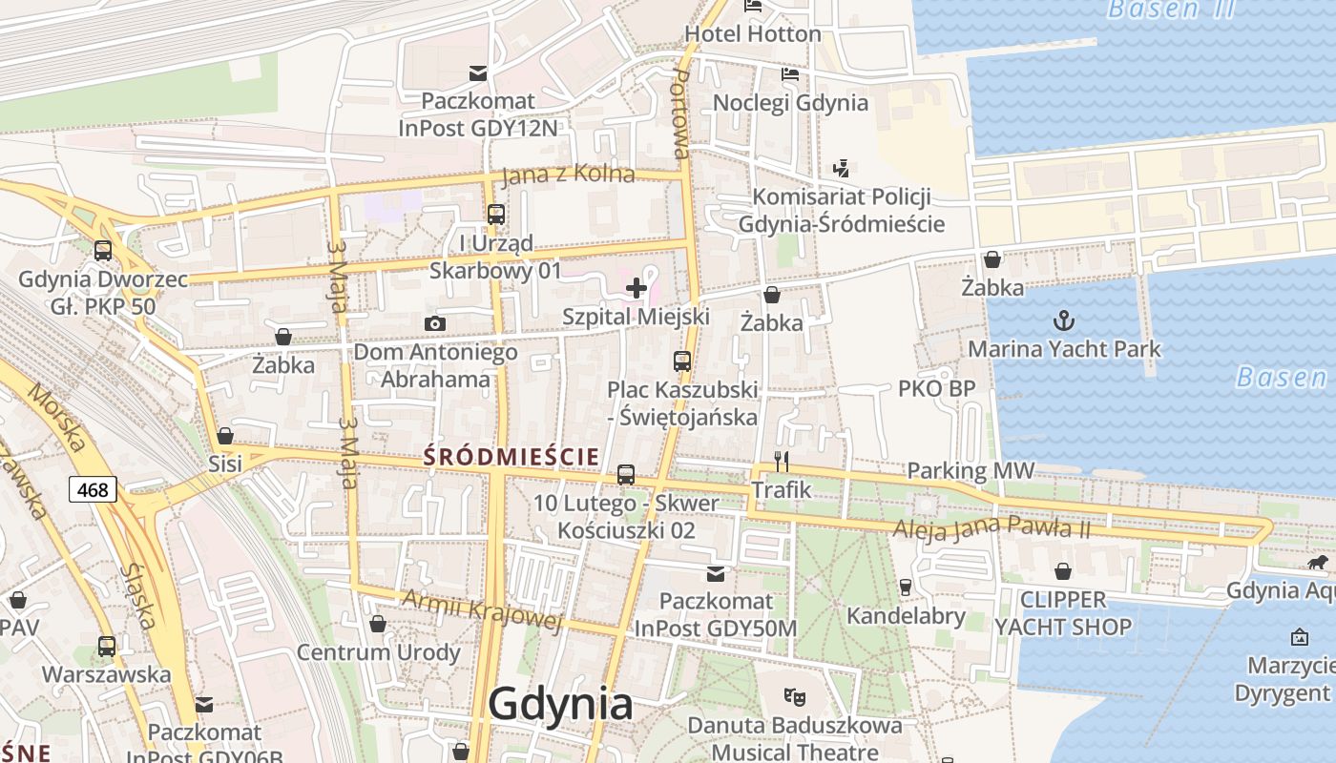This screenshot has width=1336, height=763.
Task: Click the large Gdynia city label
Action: [x=560, y=705]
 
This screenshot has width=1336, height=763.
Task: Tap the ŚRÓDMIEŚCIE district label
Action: [x=511, y=457]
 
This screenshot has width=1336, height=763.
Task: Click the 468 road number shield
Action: [x=93, y=490]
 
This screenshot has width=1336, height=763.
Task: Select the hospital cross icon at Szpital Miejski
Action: [x=637, y=287]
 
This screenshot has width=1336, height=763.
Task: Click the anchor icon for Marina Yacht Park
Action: [x=1063, y=320]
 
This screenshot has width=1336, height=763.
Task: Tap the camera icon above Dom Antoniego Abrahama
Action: [x=435, y=324]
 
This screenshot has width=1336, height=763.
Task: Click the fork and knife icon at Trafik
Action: [x=782, y=462]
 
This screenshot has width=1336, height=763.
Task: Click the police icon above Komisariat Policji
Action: [x=841, y=169]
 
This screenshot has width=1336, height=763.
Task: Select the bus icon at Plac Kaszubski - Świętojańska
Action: [x=681, y=361]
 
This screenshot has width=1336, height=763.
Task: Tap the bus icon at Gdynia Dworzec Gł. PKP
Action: [x=103, y=251]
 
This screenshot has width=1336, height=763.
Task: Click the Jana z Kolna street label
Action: [x=568, y=175]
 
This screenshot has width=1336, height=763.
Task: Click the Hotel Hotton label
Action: [x=753, y=33]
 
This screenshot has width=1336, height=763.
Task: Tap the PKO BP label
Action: [x=936, y=388]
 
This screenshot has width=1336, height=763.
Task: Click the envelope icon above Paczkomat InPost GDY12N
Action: [x=477, y=73]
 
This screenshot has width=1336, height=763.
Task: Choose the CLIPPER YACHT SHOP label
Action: [x=1063, y=613]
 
